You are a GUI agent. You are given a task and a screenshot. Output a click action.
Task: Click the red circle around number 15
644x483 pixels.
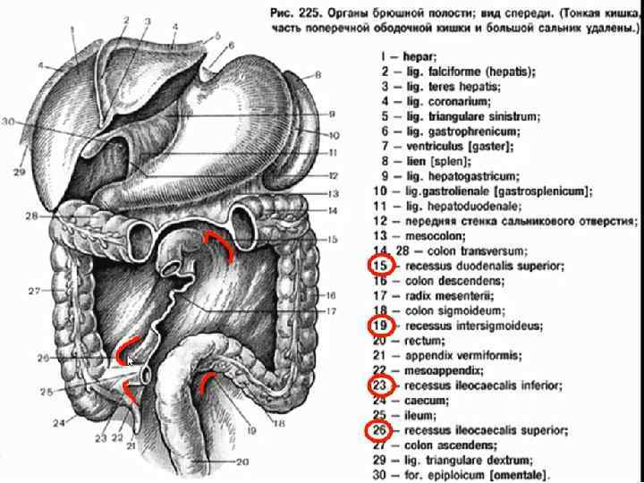tap(380, 266)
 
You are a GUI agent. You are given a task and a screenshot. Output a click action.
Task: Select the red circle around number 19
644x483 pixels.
tap(380, 326)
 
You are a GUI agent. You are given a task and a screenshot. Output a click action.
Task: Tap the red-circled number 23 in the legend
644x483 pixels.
tap(380, 386)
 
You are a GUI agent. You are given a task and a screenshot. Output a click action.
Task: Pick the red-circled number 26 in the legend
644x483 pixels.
tap(380, 430)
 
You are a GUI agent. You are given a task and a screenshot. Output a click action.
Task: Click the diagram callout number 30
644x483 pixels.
tap(9, 122)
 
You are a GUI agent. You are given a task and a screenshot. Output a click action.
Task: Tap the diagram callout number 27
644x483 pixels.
tap(34, 292)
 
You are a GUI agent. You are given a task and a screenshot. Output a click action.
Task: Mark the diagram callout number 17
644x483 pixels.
tap(330, 312)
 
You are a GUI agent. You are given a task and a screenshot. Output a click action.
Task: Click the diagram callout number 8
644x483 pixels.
tap(317, 75)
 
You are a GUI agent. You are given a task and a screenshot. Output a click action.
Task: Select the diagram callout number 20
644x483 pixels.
tap(242, 462)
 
